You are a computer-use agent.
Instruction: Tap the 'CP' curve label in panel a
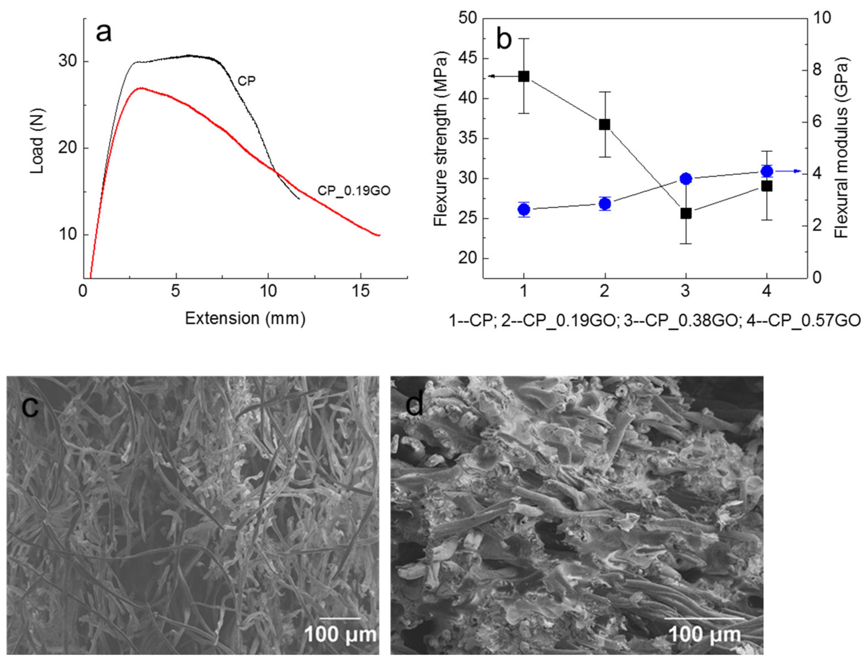click(x=246, y=81)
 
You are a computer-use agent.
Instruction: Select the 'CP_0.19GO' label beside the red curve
click(x=354, y=191)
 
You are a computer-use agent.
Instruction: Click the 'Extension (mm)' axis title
click(x=245, y=318)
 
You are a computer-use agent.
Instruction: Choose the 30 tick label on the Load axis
click(x=67, y=62)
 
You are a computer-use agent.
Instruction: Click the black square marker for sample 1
click(x=523, y=76)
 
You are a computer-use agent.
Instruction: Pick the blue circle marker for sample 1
click(x=523, y=210)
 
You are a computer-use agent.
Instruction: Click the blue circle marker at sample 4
click(x=767, y=171)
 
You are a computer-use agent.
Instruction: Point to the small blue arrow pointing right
click(x=791, y=171)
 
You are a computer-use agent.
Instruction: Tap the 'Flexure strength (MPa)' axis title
click(x=441, y=139)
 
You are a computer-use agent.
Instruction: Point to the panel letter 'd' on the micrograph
click(x=414, y=405)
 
